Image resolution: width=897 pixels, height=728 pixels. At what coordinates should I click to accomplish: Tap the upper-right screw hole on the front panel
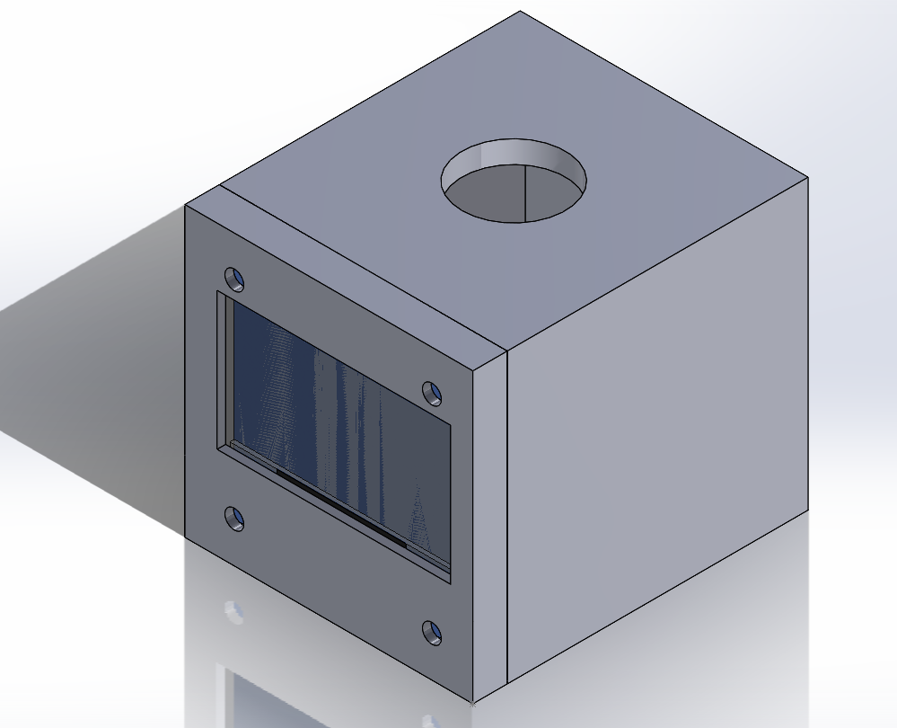coord(433,393)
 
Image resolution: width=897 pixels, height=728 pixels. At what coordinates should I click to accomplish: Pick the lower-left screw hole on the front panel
coord(234,519)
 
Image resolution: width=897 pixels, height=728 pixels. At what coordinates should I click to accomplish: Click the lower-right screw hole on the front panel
coord(432,633)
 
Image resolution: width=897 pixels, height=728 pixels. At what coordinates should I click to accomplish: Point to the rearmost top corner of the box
coord(521,12)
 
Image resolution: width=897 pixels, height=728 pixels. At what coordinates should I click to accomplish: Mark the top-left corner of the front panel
coord(186,206)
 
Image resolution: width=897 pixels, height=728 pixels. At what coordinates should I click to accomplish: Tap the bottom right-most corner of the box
coord(806,510)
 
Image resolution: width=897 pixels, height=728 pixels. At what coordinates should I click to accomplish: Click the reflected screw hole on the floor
coord(234,612)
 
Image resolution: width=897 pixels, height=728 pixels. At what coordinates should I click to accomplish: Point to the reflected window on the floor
coord(269,701)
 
